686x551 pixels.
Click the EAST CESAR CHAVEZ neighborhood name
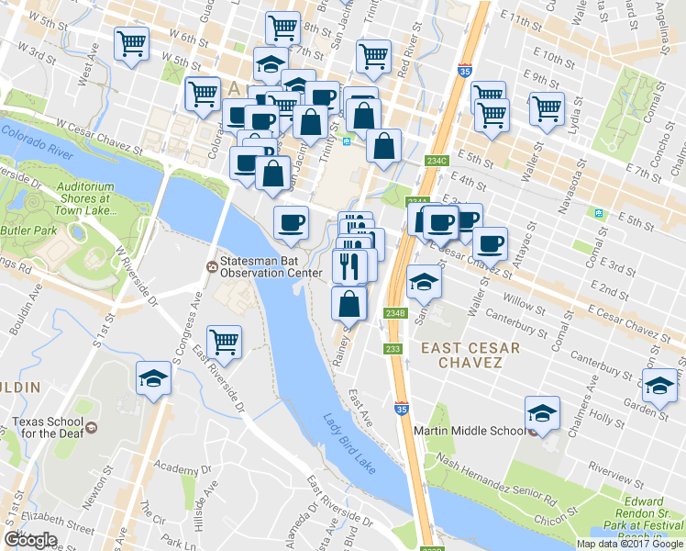click(x=470, y=355)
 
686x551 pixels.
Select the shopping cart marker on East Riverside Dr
click(x=224, y=342)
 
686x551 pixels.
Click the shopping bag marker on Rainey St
click(x=349, y=303)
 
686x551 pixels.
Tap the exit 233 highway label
click(x=393, y=349)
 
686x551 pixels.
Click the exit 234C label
click(x=437, y=161)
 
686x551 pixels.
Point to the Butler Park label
click(x=23, y=231)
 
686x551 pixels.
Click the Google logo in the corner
click(x=31, y=539)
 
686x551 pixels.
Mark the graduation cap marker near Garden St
click(x=658, y=386)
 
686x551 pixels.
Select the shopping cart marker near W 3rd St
click(x=132, y=44)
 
